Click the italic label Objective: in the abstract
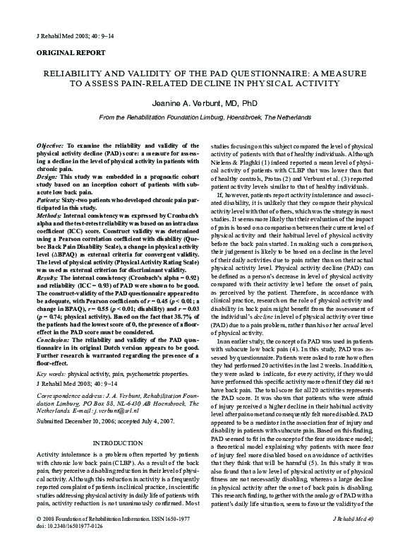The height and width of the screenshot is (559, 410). pyautogui.click(x=49, y=144)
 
